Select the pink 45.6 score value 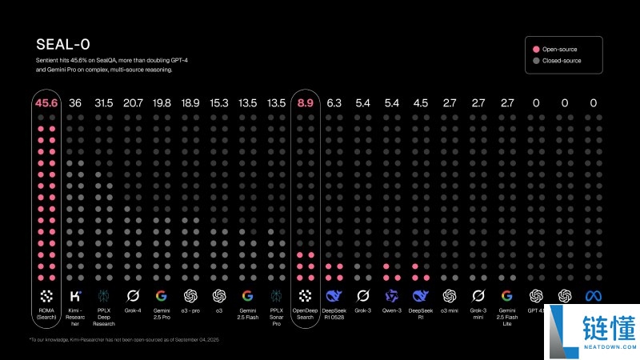[x=46, y=102]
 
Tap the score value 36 [x=75, y=102]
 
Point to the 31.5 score [x=104, y=102]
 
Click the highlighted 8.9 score [x=305, y=102]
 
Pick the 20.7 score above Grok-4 [x=133, y=102]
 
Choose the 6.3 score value [x=334, y=102]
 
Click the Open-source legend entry [x=560, y=49]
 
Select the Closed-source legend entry [x=562, y=61]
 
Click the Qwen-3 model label [x=391, y=311]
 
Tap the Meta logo [x=593, y=295]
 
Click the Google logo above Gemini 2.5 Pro [x=162, y=295]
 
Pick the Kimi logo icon [x=75, y=295]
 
